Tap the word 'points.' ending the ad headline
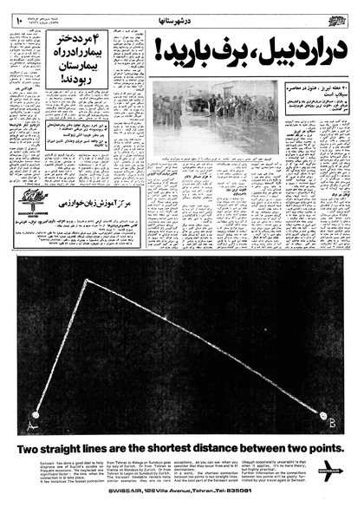[322, 449]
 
